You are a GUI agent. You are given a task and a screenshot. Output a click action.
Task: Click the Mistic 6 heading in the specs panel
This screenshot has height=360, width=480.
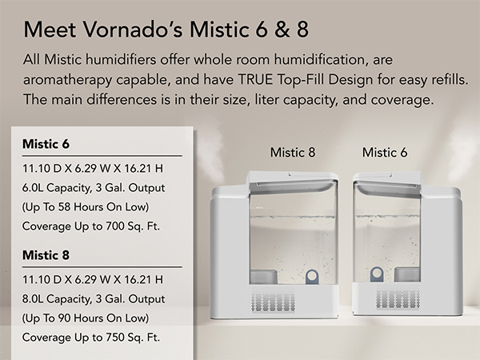click(x=45, y=145)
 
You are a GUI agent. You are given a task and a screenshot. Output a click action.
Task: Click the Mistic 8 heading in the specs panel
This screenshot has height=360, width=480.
click(x=45, y=256)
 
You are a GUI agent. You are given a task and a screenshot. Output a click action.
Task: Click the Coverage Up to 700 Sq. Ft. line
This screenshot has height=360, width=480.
click(x=91, y=226)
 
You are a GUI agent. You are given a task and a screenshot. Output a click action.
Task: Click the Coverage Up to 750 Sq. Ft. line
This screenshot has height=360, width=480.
click(x=91, y=337)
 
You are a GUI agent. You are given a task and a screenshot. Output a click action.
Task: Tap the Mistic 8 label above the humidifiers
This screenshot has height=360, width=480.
click(x=292, y=152)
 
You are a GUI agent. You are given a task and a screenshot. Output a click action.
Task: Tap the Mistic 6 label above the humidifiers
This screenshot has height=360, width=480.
click(x=385, y=152)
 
